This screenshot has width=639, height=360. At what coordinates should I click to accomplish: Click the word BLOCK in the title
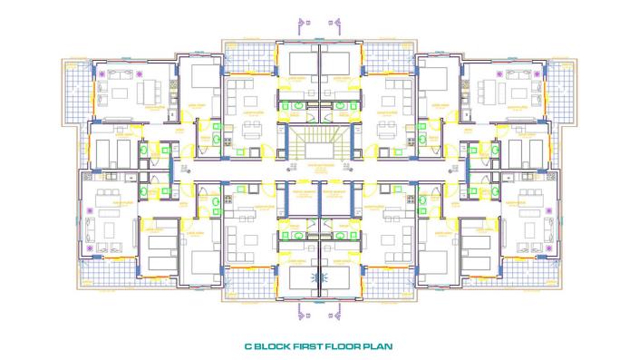(276, 345)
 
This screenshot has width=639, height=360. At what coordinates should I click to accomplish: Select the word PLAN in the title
(379, 345)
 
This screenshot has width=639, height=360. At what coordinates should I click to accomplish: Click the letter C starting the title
(249, 345)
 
